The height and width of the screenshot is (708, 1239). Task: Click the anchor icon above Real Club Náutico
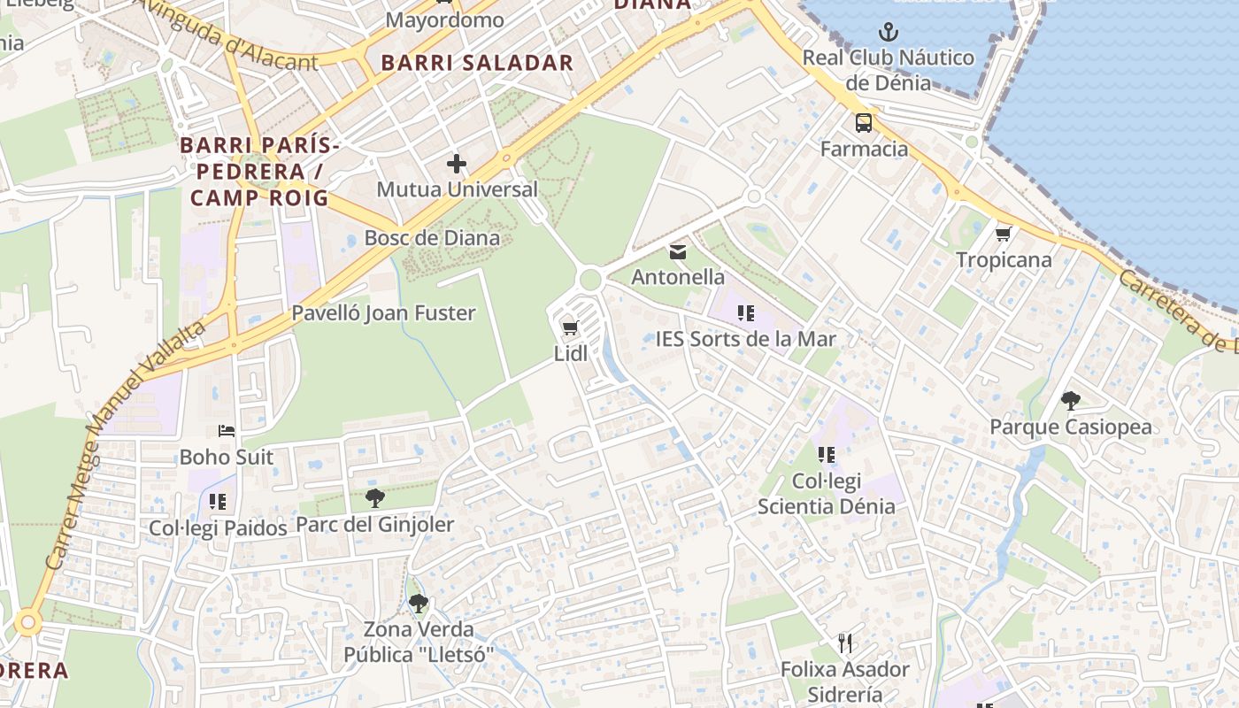click(888, 34)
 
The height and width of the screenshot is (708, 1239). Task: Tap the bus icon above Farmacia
click(863, 123)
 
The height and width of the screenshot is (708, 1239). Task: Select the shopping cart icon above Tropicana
click(1003, 234)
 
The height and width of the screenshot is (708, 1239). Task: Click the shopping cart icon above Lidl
click(570, 328)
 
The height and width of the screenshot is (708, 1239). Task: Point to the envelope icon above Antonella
click(678, 252)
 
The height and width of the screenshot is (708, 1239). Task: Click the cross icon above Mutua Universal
click(457, 164)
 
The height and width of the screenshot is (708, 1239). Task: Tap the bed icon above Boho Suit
click(227, 431)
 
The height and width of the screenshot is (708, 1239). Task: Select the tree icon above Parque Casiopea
click(1071, 401)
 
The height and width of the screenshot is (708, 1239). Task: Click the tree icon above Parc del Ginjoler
click(374, 497)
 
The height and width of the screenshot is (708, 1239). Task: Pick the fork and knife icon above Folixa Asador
click(844, 643)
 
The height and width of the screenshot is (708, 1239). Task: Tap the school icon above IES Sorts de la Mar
click(745, 312)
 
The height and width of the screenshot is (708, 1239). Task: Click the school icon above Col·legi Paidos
click(218, 502)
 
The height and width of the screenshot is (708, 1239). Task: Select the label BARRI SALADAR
click(477, 63)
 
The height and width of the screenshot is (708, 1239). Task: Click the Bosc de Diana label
click(432, 238)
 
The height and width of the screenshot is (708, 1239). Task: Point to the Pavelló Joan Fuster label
click(383, 313)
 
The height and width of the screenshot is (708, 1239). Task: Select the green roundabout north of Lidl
click(590, 281)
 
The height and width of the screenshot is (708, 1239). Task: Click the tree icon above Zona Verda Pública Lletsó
click(418, 604)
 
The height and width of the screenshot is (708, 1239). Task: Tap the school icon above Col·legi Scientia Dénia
click(826, 455)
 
